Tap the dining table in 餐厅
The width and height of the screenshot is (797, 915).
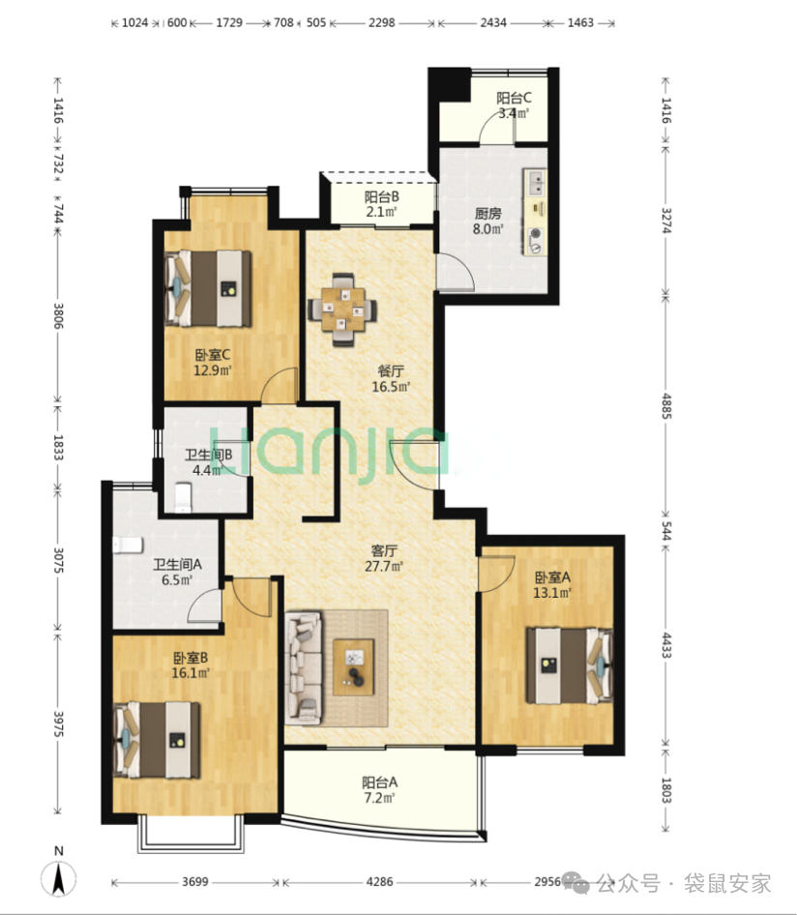[x=342, y=310]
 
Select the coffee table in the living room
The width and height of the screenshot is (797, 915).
[x=353, y=667]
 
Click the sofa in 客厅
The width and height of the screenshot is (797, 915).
[x=304, y=667]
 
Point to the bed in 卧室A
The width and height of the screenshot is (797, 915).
[x=570, y=665]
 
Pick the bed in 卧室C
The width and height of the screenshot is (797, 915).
[x=208, y=288]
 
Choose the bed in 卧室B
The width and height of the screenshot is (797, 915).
[x=157, y=739]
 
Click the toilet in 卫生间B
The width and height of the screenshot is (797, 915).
[x=183, y=496]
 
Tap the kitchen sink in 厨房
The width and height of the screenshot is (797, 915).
[x=535, y=182]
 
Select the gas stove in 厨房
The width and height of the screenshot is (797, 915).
[x=535, y=242]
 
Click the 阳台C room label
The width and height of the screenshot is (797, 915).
[x=514, y=98]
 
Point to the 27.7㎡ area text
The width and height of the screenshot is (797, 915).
[x=384, y=566]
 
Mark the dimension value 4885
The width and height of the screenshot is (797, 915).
[x=666, y=406]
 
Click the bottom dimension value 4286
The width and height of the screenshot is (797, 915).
[x=379, y=882]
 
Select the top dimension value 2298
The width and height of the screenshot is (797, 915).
[x=382, y=23]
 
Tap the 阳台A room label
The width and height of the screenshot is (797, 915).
[x=379, y=782]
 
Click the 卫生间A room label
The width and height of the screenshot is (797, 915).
[x=177, y=564]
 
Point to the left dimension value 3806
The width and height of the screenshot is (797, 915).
[x=58, y=315]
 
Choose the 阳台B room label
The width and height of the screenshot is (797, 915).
[x=382, y=197]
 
